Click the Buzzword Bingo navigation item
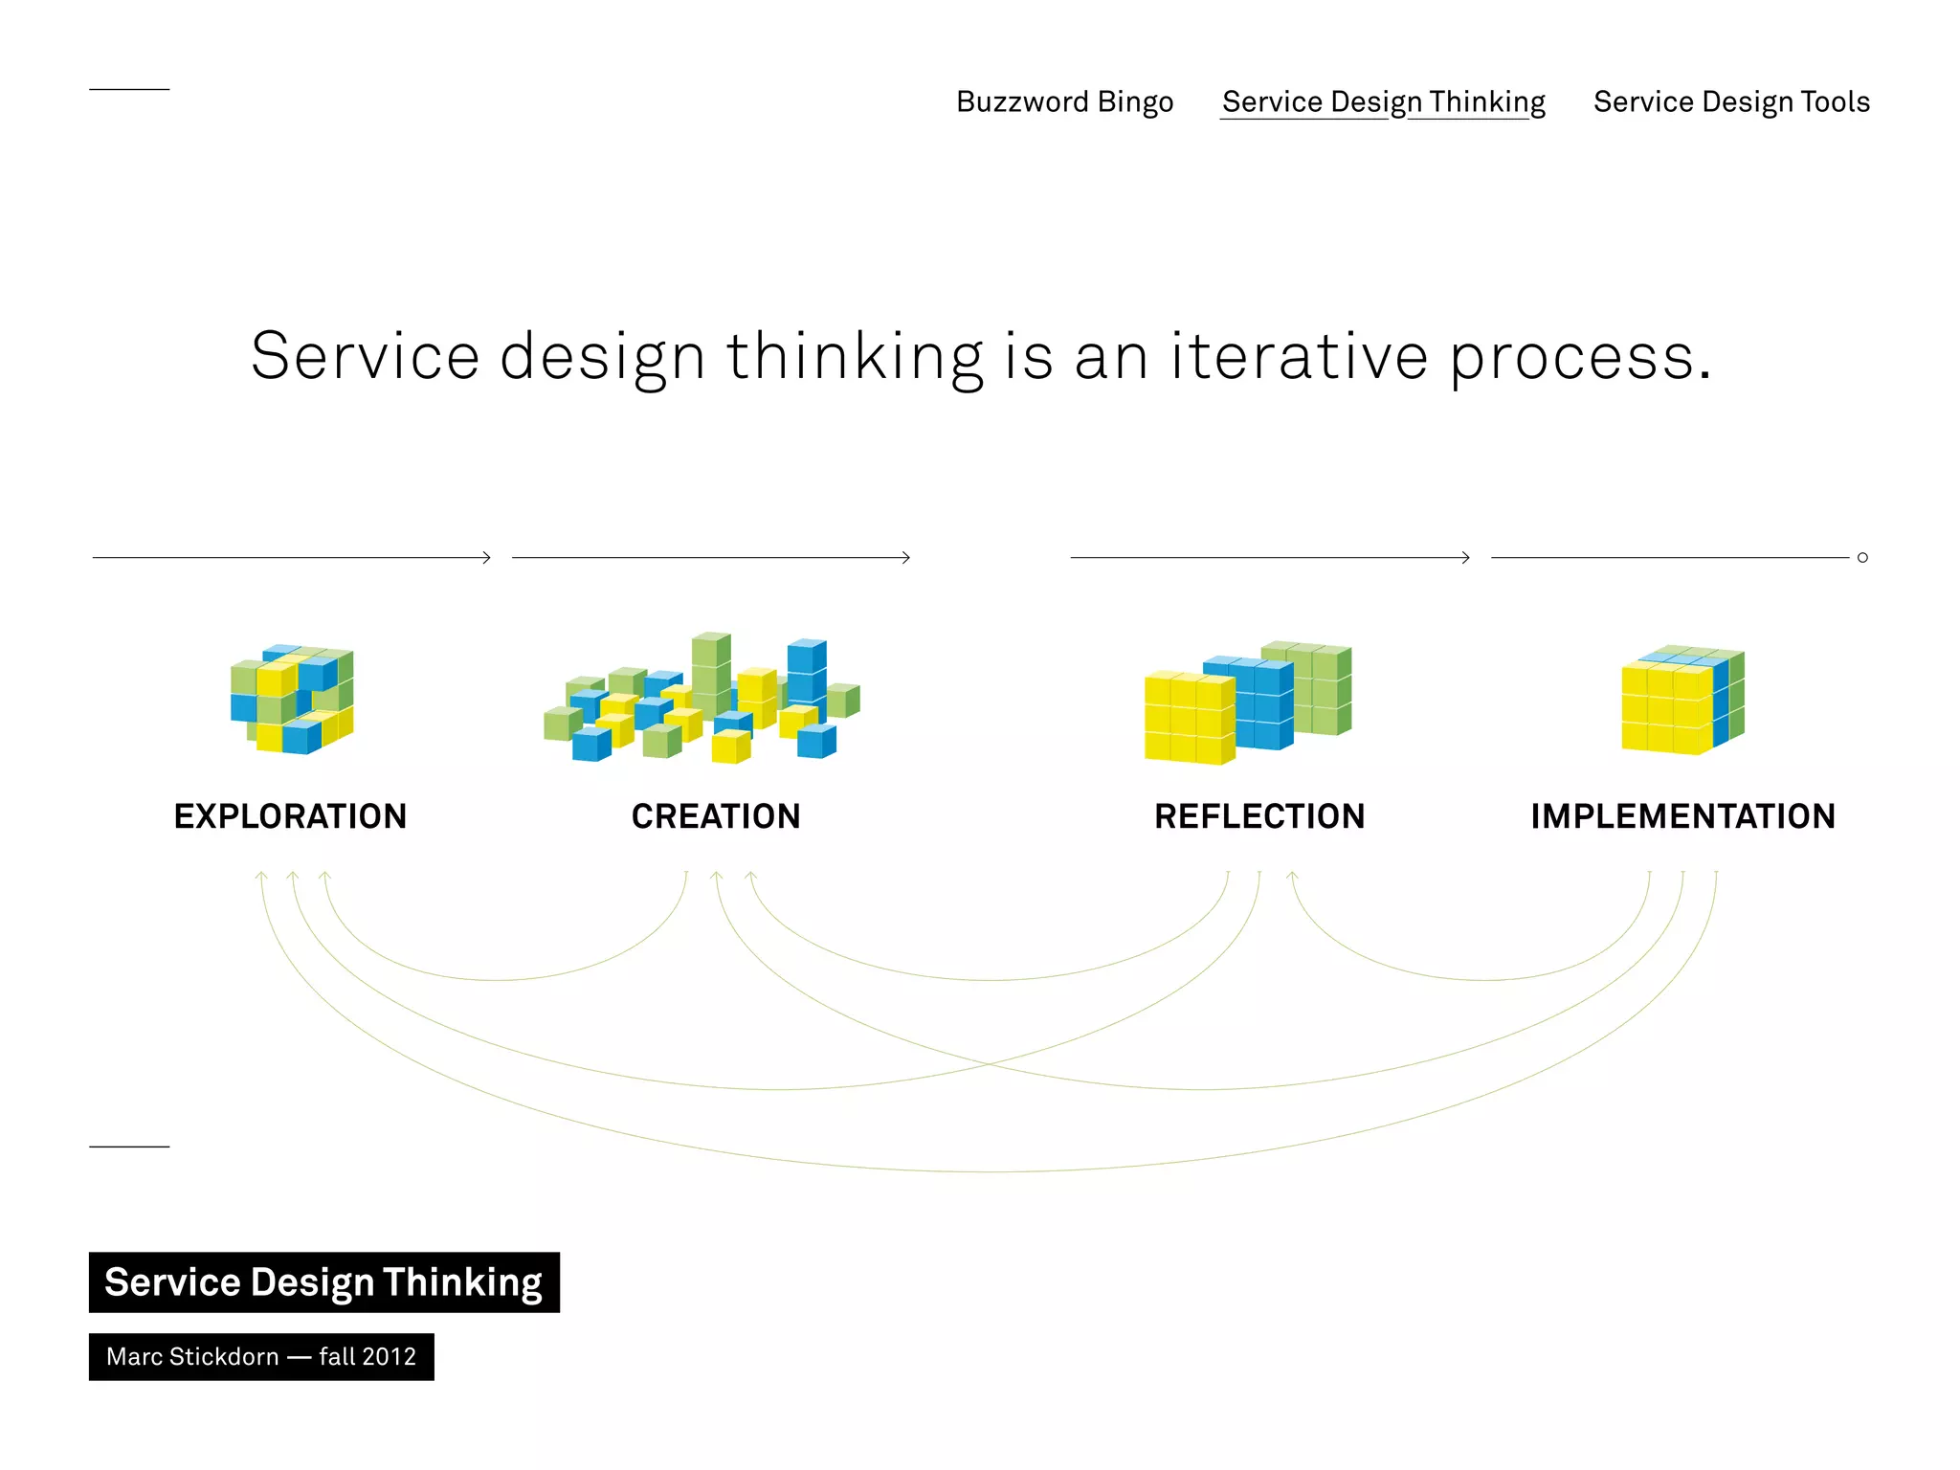(x=1064, y=101)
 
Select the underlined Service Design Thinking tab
(x=1383, y=101)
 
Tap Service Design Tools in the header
(x=1730, y=101)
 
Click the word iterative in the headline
(x=1299, y=356)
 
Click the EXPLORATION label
(x=290, y=816)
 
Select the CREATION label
(x=716, y=816)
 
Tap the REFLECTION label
(x=1259, y=816)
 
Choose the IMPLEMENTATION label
(x=1682, y=816)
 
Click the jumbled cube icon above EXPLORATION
(x=292, y=699)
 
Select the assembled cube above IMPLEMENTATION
(x=1682, y=701)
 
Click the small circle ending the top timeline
(x=1862, y=557)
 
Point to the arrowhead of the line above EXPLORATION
(x=487, y=557)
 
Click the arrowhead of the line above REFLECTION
(x=1466, y=557)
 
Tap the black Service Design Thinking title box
(x=323, y=1282)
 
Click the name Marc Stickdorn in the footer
(x=192, y=1357)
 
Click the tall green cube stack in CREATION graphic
(x=710, y=670)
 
